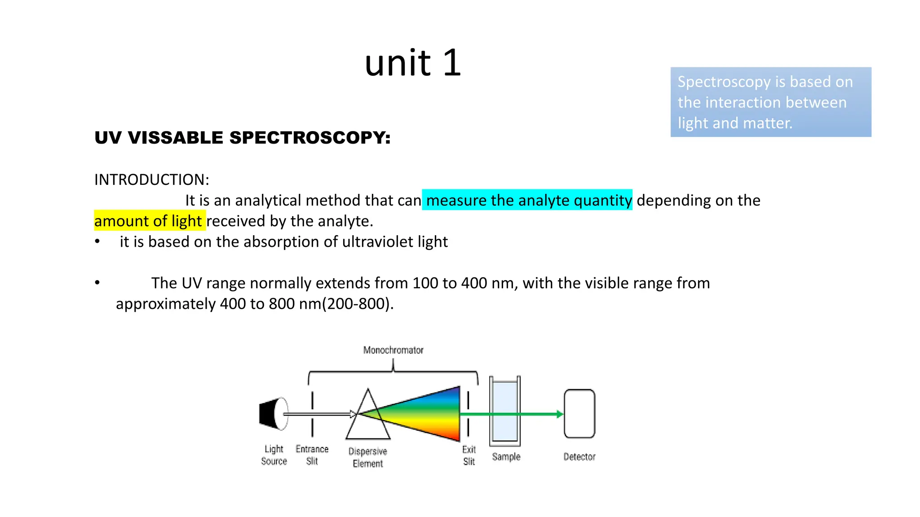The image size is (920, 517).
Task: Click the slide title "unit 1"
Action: point(412,63)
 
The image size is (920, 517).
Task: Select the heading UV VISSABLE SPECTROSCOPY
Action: point(242,138)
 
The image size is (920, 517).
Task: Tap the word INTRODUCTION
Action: point(151,180)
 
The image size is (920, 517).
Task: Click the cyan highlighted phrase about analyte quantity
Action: point(528,200)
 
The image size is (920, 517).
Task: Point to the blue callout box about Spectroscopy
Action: point(770,102)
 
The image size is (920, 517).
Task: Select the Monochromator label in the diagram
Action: point(393,350)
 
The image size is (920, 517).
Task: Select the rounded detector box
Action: point(579,413)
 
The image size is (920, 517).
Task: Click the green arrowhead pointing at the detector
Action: point(559,414)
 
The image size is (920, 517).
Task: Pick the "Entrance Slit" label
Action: point(312,455)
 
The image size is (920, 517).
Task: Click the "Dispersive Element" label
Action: point(367,457)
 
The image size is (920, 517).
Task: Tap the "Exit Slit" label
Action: point(469,456)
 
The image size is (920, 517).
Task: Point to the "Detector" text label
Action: point(579,457)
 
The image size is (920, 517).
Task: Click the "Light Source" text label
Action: point(274,455)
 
